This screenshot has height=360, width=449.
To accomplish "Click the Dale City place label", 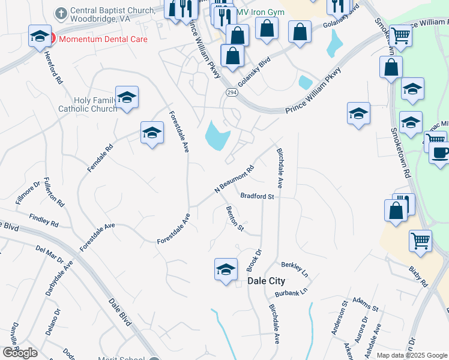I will click(x=267, y=281).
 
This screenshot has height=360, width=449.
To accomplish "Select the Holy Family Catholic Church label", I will click(x=88, y=104).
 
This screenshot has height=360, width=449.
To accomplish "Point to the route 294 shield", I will click(x=231, y=92).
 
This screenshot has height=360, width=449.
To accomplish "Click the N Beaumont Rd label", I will click(x=235, y=179).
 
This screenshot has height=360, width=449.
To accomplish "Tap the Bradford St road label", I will click(x=257, y=196).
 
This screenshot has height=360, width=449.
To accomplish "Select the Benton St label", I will click(x=235, y=218).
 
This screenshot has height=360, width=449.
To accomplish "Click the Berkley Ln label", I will click(x=295, y=268).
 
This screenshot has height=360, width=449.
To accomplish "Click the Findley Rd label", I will click(x=43, y=222).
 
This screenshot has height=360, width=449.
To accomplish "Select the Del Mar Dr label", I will click(x=49, y=254).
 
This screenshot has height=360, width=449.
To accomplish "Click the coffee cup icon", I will click(x=440, y=152).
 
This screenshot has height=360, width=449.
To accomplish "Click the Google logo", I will click(x=20, y=353).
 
